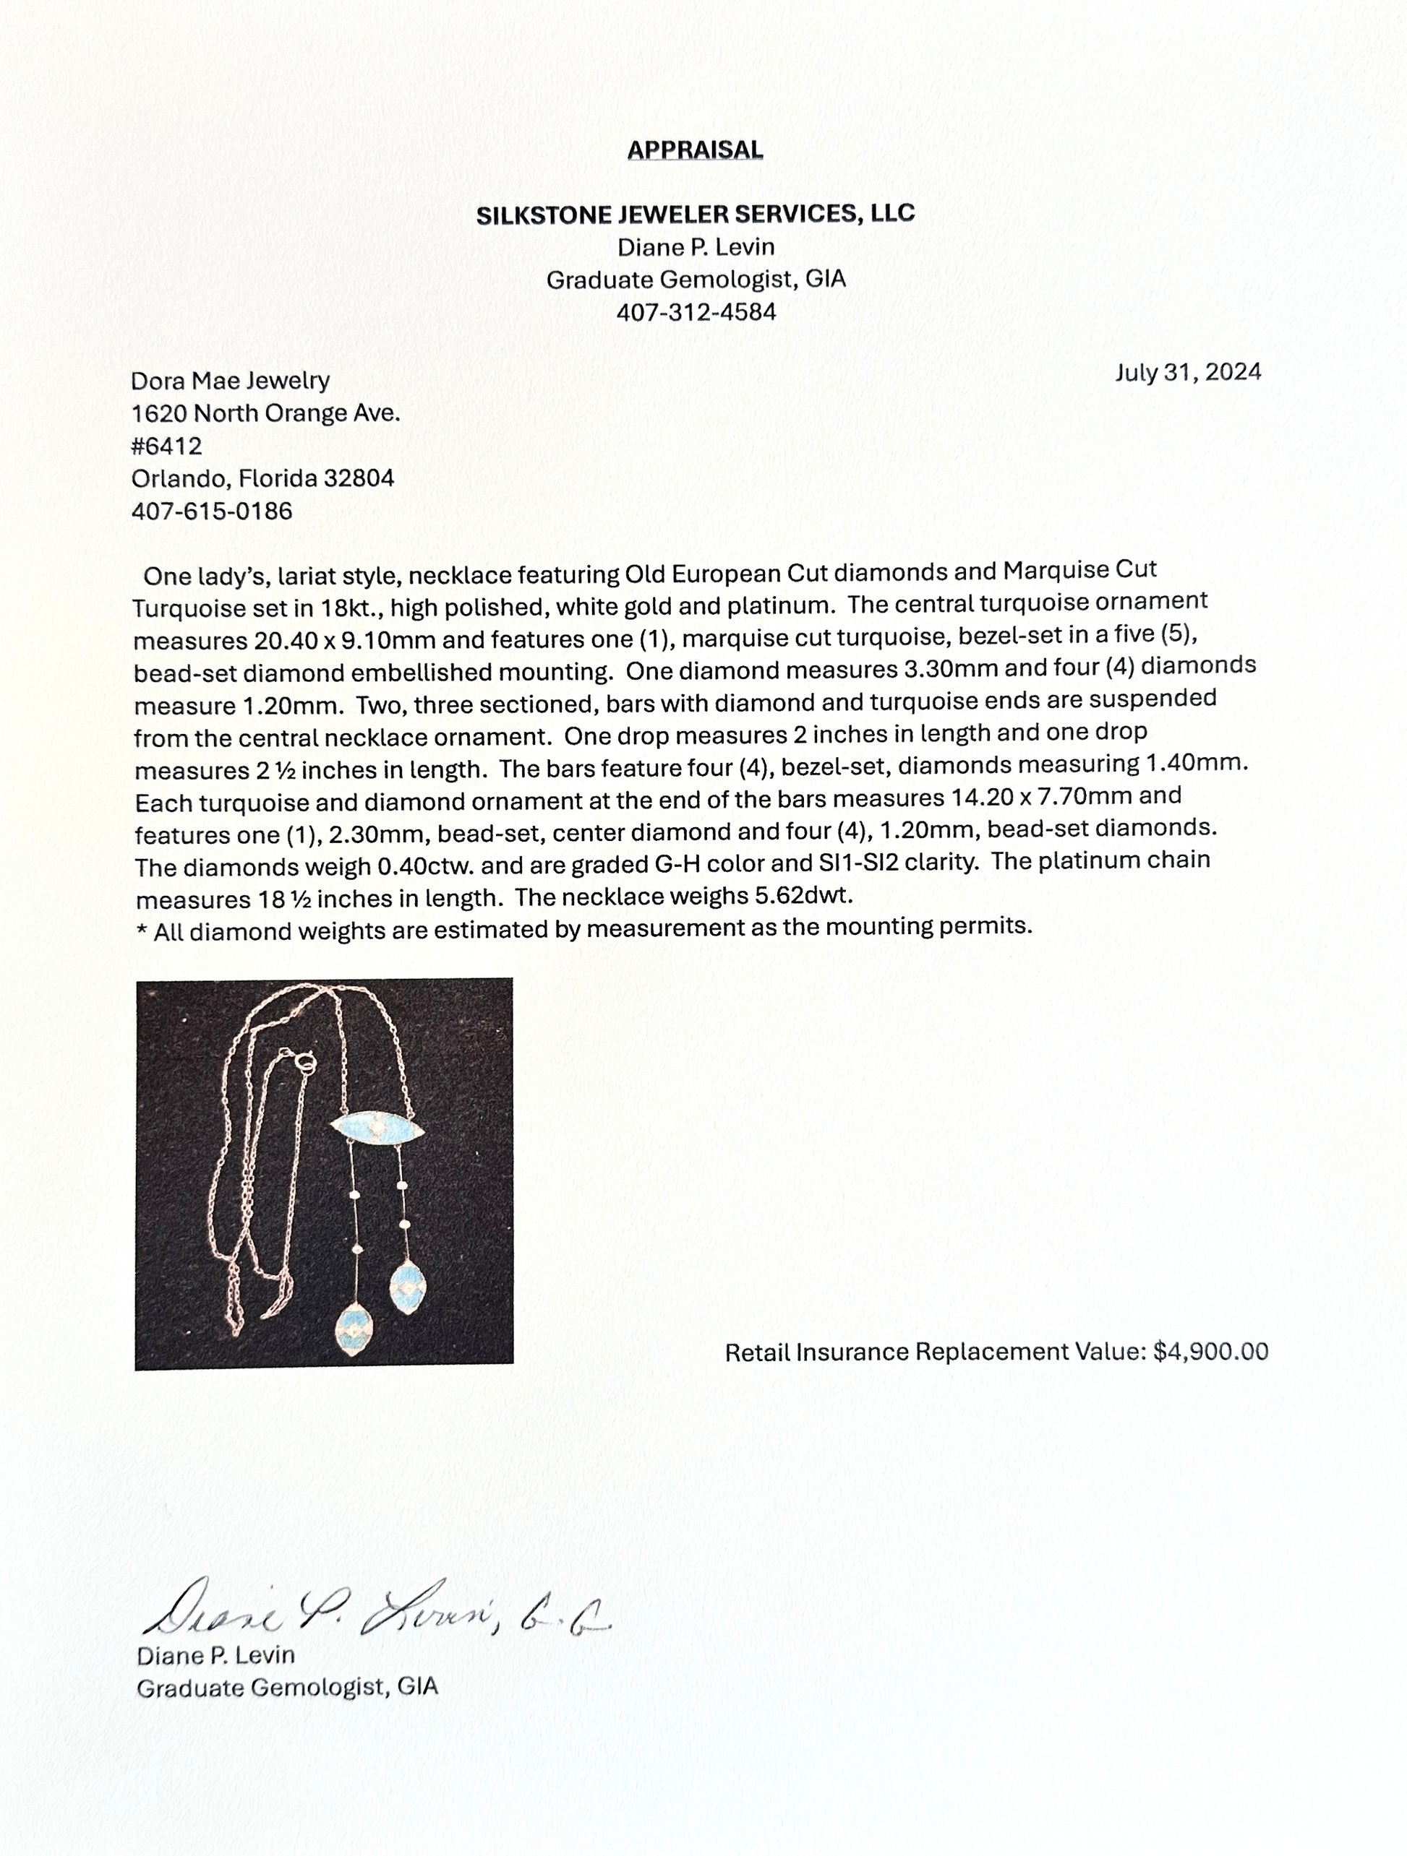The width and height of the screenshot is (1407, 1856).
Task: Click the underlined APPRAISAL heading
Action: coord(695,150)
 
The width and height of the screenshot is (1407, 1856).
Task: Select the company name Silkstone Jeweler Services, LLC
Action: coord(695,215)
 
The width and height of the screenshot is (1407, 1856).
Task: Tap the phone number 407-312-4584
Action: coord(696,312)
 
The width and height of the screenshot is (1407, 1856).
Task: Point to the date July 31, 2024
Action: coord(1187,373)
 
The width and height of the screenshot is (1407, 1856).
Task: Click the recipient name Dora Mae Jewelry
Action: coord(230,381)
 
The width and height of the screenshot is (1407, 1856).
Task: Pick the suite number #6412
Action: coord(166,446)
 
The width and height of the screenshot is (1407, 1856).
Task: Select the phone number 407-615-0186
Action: coord(212,511)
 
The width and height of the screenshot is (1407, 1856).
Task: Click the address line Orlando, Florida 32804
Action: coord(262,478)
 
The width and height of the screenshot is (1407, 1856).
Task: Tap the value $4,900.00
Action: coord(1210,1352)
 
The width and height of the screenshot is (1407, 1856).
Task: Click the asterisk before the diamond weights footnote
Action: coord(141,931)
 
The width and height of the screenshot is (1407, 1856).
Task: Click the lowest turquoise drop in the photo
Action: coord(353,1328)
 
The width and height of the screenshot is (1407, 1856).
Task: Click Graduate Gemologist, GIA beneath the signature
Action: coord(287,1688)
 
